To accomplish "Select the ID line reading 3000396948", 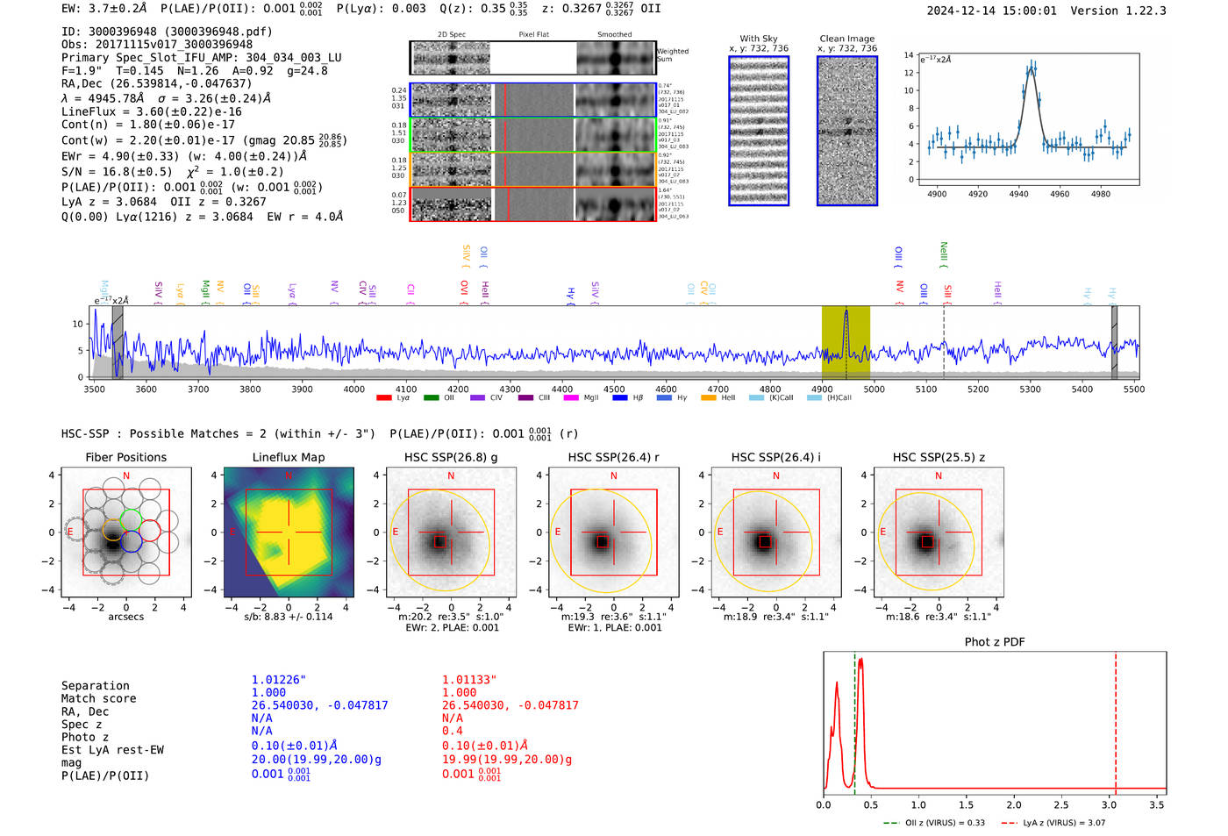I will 167,32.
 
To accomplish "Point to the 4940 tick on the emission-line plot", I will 1018,194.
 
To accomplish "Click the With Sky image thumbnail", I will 759,131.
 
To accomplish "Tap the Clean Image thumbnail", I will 847,131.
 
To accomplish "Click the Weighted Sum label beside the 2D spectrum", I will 672,55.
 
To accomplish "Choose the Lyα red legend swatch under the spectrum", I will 383,398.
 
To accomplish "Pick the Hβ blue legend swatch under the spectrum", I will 620,398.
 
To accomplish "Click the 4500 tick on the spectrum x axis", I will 614,389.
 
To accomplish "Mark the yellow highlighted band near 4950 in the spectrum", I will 846,343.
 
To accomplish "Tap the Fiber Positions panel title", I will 125,457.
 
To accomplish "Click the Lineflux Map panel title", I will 288,457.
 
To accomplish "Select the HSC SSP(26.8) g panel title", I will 451,457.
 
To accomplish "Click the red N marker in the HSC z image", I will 939,475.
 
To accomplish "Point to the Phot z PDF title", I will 995,641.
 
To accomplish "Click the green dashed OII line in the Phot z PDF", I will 854,719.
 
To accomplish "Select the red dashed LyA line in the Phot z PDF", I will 1116,719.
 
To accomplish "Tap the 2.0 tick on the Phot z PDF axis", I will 1014,804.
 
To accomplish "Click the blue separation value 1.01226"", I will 279,680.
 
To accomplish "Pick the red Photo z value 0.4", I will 452,731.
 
